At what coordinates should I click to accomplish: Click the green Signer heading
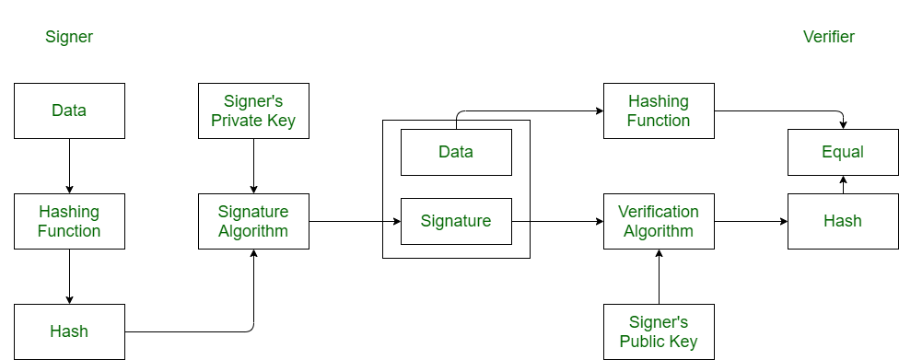[69, 37]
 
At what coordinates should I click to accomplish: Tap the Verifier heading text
[829, 37]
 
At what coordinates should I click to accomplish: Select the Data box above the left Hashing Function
[69, 110]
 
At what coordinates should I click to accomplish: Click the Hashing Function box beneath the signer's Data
[69, 221]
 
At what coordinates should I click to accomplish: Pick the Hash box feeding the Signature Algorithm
[69, 331]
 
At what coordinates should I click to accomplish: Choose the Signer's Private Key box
[253, 110]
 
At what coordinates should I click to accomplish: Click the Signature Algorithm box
[253, 221]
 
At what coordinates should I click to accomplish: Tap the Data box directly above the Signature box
[456, 152]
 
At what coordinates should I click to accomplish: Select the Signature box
[456, 221]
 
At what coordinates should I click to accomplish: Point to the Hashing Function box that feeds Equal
[659, 110]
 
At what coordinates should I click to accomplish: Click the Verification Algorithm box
[659, 221]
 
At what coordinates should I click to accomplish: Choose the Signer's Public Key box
[659, 331]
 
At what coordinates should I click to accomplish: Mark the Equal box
[843, 152]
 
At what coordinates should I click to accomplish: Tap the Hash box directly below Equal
[843, 221]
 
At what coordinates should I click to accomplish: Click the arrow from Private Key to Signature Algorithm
[253, 166]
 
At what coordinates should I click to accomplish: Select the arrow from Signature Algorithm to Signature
[355, 222]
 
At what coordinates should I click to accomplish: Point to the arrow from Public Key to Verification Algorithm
[659, 276]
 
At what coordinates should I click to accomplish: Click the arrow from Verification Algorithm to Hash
[751, 222]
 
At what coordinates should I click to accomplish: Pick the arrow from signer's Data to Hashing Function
[69, 166]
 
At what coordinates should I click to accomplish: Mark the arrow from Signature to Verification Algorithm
[557, 222]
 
